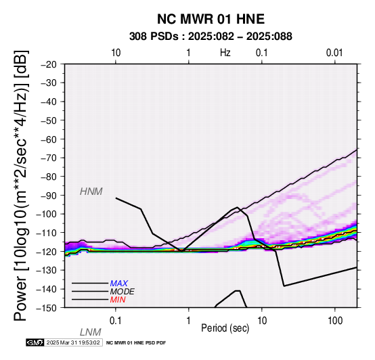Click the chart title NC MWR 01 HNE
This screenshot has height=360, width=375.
click(x=211, y=19)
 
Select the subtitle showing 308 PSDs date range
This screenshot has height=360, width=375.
click(x=211, y=37)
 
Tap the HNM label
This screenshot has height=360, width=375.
click(x=91, y=192)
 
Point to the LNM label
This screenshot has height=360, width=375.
click(x=91, y=332)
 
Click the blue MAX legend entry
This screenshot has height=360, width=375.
click(x=118, y=284)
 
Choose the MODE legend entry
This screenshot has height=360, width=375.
click(x=122, y=292)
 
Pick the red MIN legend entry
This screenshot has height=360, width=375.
click(x=118, y=300)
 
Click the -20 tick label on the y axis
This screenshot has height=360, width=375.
click(x=49, y=64)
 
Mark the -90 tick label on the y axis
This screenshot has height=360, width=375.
click(x=49, y=195)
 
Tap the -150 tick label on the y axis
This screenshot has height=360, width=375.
click(x=47, y=307)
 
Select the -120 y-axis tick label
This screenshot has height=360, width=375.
click(x=47, y=251)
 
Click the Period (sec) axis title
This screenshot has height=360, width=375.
click(x=225, y=328)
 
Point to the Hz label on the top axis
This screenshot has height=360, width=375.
click(x=225, y=53)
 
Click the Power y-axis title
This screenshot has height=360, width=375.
click(x=21, y=185)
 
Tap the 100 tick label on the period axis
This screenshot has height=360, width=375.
click(x=335, y=321)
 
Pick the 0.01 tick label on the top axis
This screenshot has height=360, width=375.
click(x=334, y=53)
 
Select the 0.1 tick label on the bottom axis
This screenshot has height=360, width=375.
click(x=116, y=321)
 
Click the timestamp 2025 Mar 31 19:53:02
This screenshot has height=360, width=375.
click(x=73, y=342)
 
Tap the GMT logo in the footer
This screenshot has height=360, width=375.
click(x=35, y=342)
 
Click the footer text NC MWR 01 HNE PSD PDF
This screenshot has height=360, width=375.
click(x=136, y=343)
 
